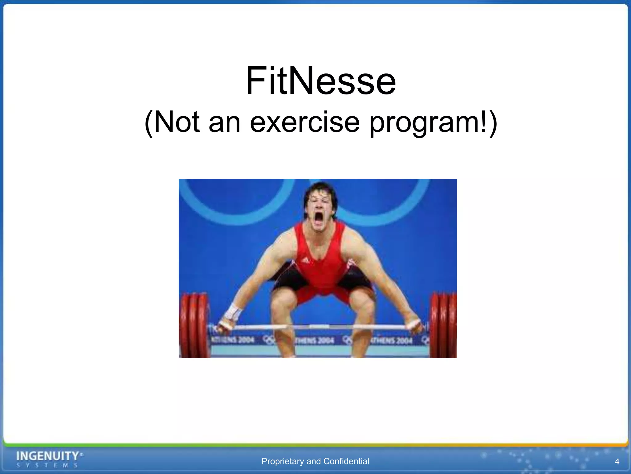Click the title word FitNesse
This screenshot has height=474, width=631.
(x=320, y=81)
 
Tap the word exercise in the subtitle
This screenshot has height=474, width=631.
(x=304, y=122)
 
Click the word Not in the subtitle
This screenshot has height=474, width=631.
(x=177, y=122)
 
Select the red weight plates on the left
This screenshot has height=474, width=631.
(x=194, y=326)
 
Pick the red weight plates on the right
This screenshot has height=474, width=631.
(x=444, y=326)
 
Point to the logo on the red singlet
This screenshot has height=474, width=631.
(x=305, y=261)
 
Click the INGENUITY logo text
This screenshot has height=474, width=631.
(x=48, y=456)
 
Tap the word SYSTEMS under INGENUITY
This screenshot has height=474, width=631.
(x=47, y=465)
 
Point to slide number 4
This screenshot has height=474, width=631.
(x=617, y=462)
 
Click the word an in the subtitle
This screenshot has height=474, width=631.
(x=224, y=123)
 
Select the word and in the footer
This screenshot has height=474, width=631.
(x=314, y=461)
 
